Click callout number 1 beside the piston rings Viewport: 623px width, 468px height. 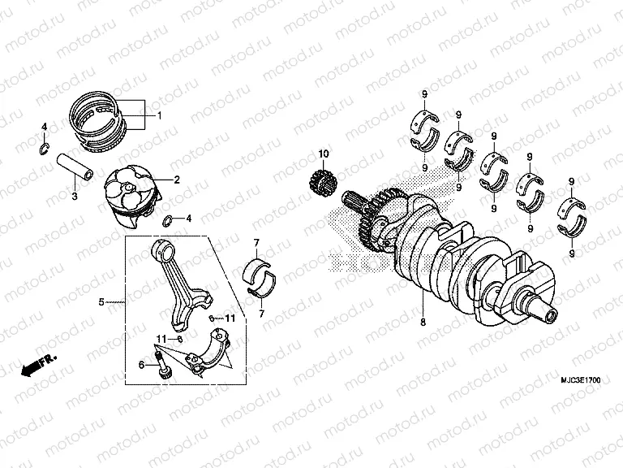[x=160, y=115]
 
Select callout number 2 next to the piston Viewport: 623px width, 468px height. [x=176, y=180]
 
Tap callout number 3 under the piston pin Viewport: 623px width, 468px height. [x=74, y=197]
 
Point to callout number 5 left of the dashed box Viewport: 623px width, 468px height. [x=101, y=302]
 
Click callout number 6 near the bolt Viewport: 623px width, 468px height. [x=140, y=366]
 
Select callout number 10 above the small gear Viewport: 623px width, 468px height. [x=322, y=154]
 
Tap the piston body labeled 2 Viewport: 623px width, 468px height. [x=131, y=195]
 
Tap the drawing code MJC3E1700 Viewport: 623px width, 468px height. [x=579, y=379]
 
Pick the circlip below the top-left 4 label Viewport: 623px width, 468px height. [x=46, y=147]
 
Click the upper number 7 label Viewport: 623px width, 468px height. [x=256, y=243]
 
